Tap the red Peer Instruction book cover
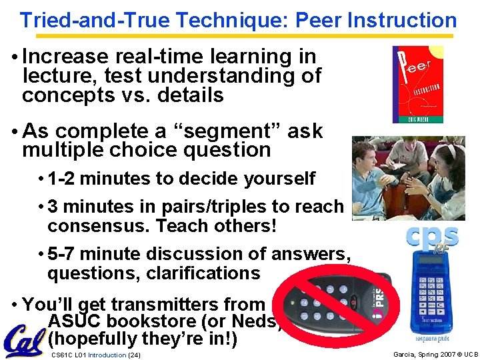[x=417, y=84]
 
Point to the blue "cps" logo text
[x=433, y=237]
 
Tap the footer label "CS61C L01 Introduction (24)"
[x=95, y=354]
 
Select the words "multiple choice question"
[x=147, y=150]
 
